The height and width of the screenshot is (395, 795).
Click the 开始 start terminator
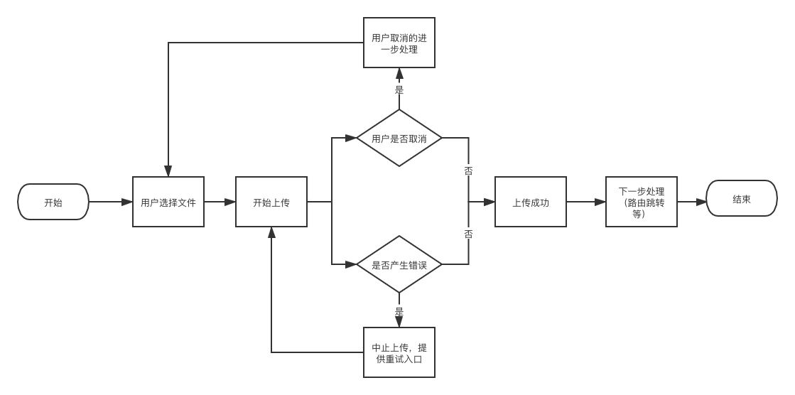(53, 202)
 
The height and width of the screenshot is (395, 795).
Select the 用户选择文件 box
(168, 202)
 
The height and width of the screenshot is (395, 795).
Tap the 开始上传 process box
(271, 202)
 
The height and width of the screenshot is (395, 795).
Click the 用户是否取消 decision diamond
(399, 138)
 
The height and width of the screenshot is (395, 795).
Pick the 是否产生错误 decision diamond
(399, 264)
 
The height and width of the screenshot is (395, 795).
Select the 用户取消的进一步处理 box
(399, 43)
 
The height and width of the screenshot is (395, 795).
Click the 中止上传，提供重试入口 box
(399, 352)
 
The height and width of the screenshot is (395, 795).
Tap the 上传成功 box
(531, 202)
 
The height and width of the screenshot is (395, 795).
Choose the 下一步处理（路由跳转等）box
(641, 202)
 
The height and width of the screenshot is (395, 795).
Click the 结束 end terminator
(741, 199)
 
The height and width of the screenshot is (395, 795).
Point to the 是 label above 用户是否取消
(399, 90)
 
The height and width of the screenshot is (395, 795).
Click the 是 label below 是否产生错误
(399, 310)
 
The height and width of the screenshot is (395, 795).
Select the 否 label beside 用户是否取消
(468, 171)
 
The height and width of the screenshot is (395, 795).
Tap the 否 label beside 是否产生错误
(468, 234)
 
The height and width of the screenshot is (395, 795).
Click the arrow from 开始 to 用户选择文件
(111, 202)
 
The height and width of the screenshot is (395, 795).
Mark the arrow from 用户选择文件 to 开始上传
(220, 202)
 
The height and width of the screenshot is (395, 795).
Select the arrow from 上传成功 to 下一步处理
(586, 202)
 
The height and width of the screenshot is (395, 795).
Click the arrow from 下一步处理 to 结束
(691, 202)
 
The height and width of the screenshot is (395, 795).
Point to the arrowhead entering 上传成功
(490, 202)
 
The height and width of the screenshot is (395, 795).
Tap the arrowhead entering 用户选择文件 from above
(168, 171)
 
